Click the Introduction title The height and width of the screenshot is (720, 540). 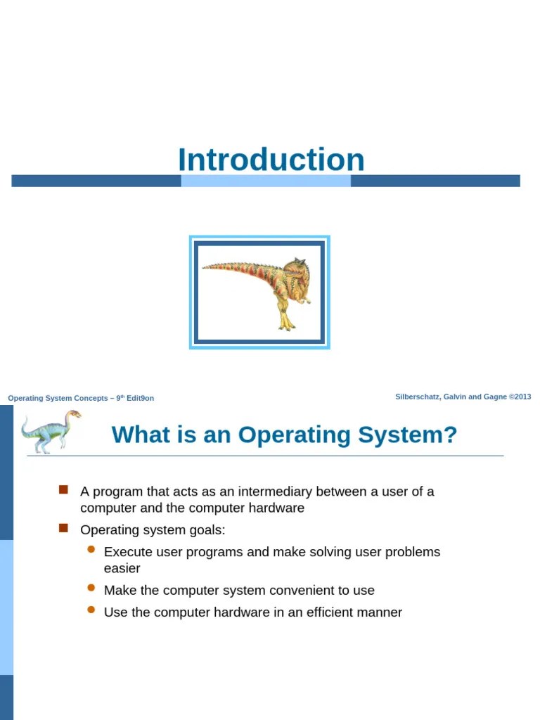click(x=271, y=160)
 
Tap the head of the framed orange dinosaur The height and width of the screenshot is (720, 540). click(x=295, y=269)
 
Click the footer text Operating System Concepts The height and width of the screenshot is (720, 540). click(x=58, y=398)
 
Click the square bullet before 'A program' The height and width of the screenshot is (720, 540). click(x=63, y=489)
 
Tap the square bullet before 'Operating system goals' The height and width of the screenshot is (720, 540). click(x=63, y=527)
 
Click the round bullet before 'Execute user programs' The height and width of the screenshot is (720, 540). click(x=91, y=550)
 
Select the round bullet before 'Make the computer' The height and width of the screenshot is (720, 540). click(x=91, y=588)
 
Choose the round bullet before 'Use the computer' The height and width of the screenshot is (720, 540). click(x=91, y=610)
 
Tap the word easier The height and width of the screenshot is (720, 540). click(x=122, y=568)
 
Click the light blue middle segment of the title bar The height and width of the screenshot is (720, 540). click(x=266, y=181)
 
